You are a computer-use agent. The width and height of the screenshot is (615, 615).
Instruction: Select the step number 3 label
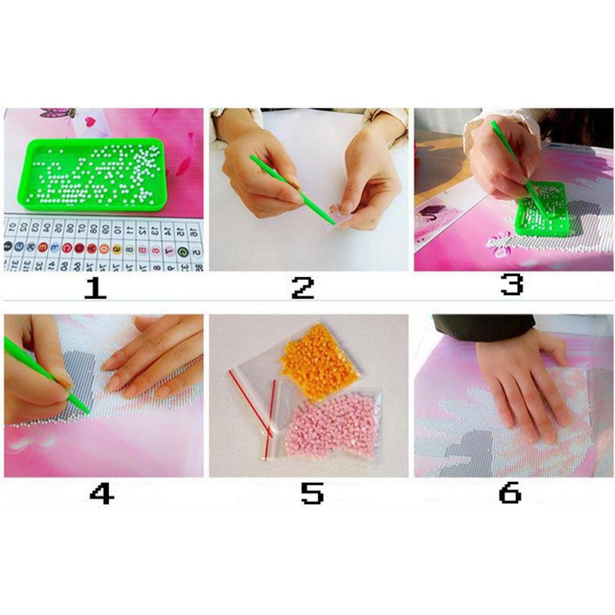[x=511, y=284]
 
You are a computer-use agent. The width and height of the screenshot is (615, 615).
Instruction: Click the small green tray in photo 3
[x=544, y=212]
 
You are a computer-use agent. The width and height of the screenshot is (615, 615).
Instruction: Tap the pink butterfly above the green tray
[x=58, y=113]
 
